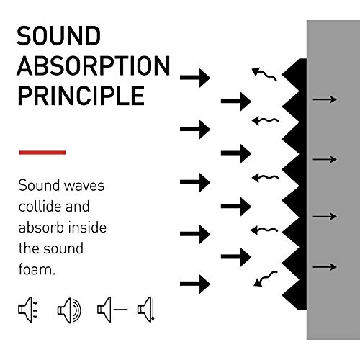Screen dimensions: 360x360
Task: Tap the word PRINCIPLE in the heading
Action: click(x=81, y=96)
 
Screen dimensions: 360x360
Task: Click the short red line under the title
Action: click(x=42, y=152)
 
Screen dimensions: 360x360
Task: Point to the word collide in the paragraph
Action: click(x=42, y=207)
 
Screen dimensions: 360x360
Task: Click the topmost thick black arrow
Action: click(x=194, y=76)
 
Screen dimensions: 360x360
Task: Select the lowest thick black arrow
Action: click(x=194, y=282)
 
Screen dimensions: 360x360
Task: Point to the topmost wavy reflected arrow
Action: click(x=265, y=72)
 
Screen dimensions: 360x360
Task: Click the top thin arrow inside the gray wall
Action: click(x=325, y=99)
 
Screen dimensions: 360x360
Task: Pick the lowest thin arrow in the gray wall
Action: click(x=325, y=266)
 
